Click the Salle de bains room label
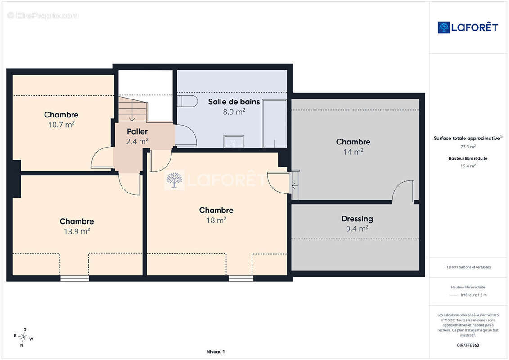click(234, 102)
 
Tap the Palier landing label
click(137, 131)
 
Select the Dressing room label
click(357, 219)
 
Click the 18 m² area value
click(216, 220)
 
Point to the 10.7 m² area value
click(61, 125)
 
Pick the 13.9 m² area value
click(77, 231)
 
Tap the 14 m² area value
click(353, 152)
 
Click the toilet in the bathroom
click(187, 101)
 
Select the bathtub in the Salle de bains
click(274, 124)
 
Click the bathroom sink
click(234, 142)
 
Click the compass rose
click(23, 337)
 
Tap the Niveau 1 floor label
click(216, 351)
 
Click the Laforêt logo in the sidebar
click(468, 27)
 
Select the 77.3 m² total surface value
click(468, 147)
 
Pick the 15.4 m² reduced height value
click(468, 166)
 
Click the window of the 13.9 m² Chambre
click(75, 278)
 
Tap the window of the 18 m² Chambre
click(241, 278)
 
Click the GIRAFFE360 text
click(468, 345)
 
